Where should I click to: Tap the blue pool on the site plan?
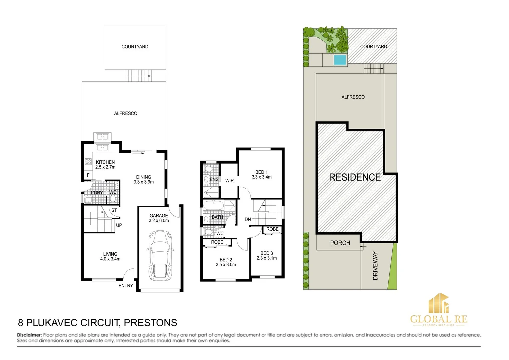[340, 60]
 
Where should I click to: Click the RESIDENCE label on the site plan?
[355, 177]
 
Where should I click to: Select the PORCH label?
[340, 243]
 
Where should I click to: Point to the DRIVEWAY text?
[375, 266]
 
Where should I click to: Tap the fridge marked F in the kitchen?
[88, 175]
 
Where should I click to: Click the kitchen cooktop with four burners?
[88, 162]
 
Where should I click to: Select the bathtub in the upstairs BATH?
[213, 205]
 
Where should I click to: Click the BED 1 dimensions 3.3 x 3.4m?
[261, 177]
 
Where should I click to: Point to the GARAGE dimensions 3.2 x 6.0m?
[159, 221]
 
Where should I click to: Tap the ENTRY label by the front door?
[126, 286]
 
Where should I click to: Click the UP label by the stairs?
[119, 225]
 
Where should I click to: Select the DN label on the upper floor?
[248, 219]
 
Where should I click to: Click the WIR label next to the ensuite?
[229, 181]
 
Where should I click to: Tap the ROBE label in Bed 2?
[217, 242]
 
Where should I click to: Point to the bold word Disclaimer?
[29, 335]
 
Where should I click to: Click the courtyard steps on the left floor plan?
[138, 75]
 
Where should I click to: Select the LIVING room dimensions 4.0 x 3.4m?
[110, 259]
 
